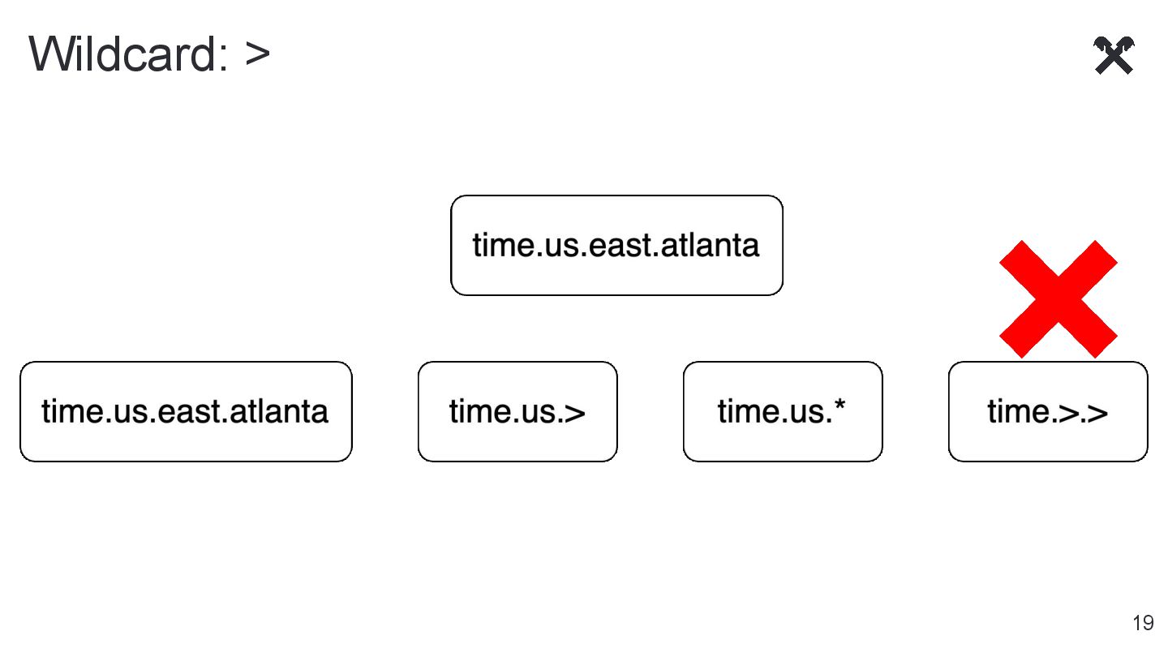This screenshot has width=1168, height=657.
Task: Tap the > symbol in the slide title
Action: [x=257, y=55]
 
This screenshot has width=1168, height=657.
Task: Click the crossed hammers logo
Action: [x=1114, y=56]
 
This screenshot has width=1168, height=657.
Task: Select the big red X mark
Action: [x=1058, y=298]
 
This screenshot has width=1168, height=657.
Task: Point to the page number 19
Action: [x=1143, y=623]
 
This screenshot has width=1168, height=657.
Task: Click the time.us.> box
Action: [x=517, y=411]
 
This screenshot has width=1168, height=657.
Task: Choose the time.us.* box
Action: [x=783, y=411]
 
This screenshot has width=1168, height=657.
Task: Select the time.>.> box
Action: [x=1048, y=411]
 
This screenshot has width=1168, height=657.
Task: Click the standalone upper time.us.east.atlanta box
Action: [x=616, y=245]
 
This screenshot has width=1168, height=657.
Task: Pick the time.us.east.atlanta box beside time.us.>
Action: [x=186, y=411]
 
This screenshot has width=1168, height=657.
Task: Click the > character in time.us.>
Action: [x=574, y=413]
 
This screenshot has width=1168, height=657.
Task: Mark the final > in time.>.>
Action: [x=1097, y=413]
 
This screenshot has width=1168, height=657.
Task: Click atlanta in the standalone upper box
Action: [x=711, y=245]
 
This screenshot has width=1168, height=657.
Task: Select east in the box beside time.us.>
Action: [x=191, y=411]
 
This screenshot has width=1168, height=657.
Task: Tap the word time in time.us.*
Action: [x=741, y=411]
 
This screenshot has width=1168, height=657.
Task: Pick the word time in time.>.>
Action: [x=1011, y=411]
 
